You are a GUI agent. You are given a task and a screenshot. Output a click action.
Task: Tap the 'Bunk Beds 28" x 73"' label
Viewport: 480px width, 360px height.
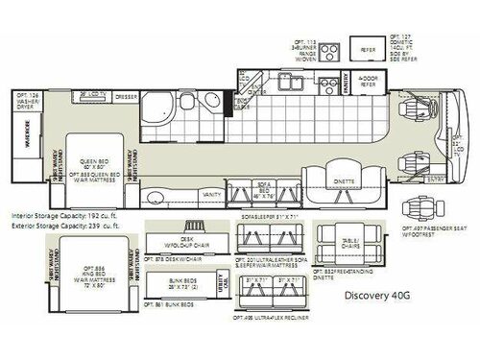click(176, 288)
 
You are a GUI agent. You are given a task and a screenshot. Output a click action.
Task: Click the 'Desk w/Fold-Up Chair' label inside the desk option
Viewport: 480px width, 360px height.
click(176, 240)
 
